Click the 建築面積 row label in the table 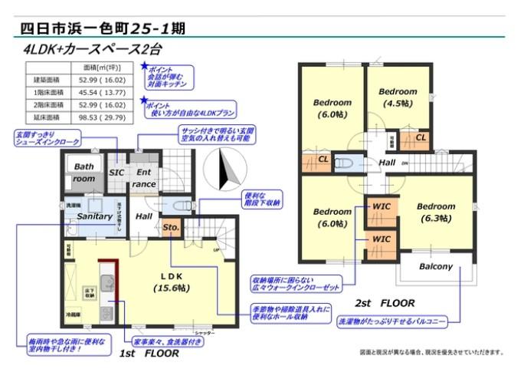[45, 79]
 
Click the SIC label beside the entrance [116, 173]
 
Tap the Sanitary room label [95, 217]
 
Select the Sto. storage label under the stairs [171, 228]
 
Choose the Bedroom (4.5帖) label [398, 97]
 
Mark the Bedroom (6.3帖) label [436, 212]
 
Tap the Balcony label [436, 267]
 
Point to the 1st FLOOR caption [150, 354]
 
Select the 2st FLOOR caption [385, 303]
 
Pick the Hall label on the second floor [386, 162]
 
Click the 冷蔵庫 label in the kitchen [71, 315]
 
